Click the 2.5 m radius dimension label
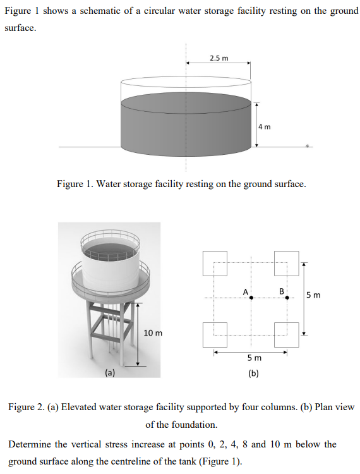click(x=219, y=58)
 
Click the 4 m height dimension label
click(x=264, y=126)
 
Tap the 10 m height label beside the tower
click(x=153, y=332)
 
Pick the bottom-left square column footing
click(x=215, y=334)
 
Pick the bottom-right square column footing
click(x=287, y=334)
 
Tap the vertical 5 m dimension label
click(x=313, y=295)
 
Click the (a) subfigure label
click(x=110, y=373)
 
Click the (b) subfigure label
click(x=253, y=373)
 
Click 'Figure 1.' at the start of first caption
click(x=75, y=184)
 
